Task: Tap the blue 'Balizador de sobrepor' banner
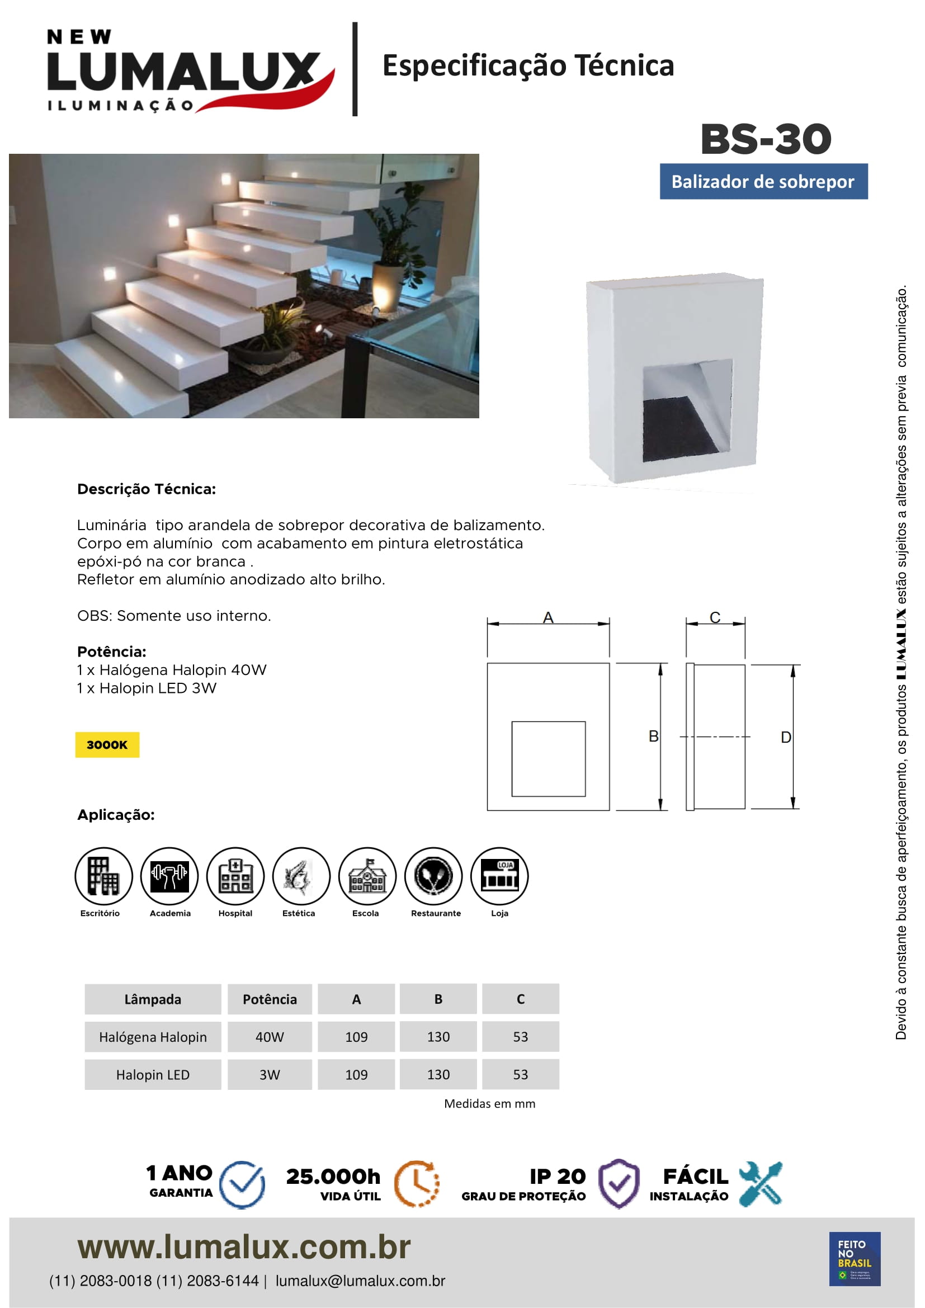click(763, 182)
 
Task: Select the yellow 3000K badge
click(107, 744)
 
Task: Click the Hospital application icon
click(235, 876)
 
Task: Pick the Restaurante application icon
click(433, 876)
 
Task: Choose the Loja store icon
click(499, 876)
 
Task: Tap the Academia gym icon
click(169, 876)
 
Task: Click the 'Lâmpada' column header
click(153, 999)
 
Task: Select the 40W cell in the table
click(270, 1037)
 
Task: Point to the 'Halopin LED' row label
click(153, 1075)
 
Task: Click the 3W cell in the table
click(270, 1075)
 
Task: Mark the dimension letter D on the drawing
click(785, 737)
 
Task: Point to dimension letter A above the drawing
click(548, 617)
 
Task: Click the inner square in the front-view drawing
click(548, 758)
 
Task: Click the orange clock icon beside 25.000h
click(417, 1184)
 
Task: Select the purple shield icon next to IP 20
click(619, 1184)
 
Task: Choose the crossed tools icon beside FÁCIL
click(761, 1184)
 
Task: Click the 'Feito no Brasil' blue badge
click(855, 1259)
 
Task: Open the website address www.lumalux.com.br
click(244, 1247)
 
